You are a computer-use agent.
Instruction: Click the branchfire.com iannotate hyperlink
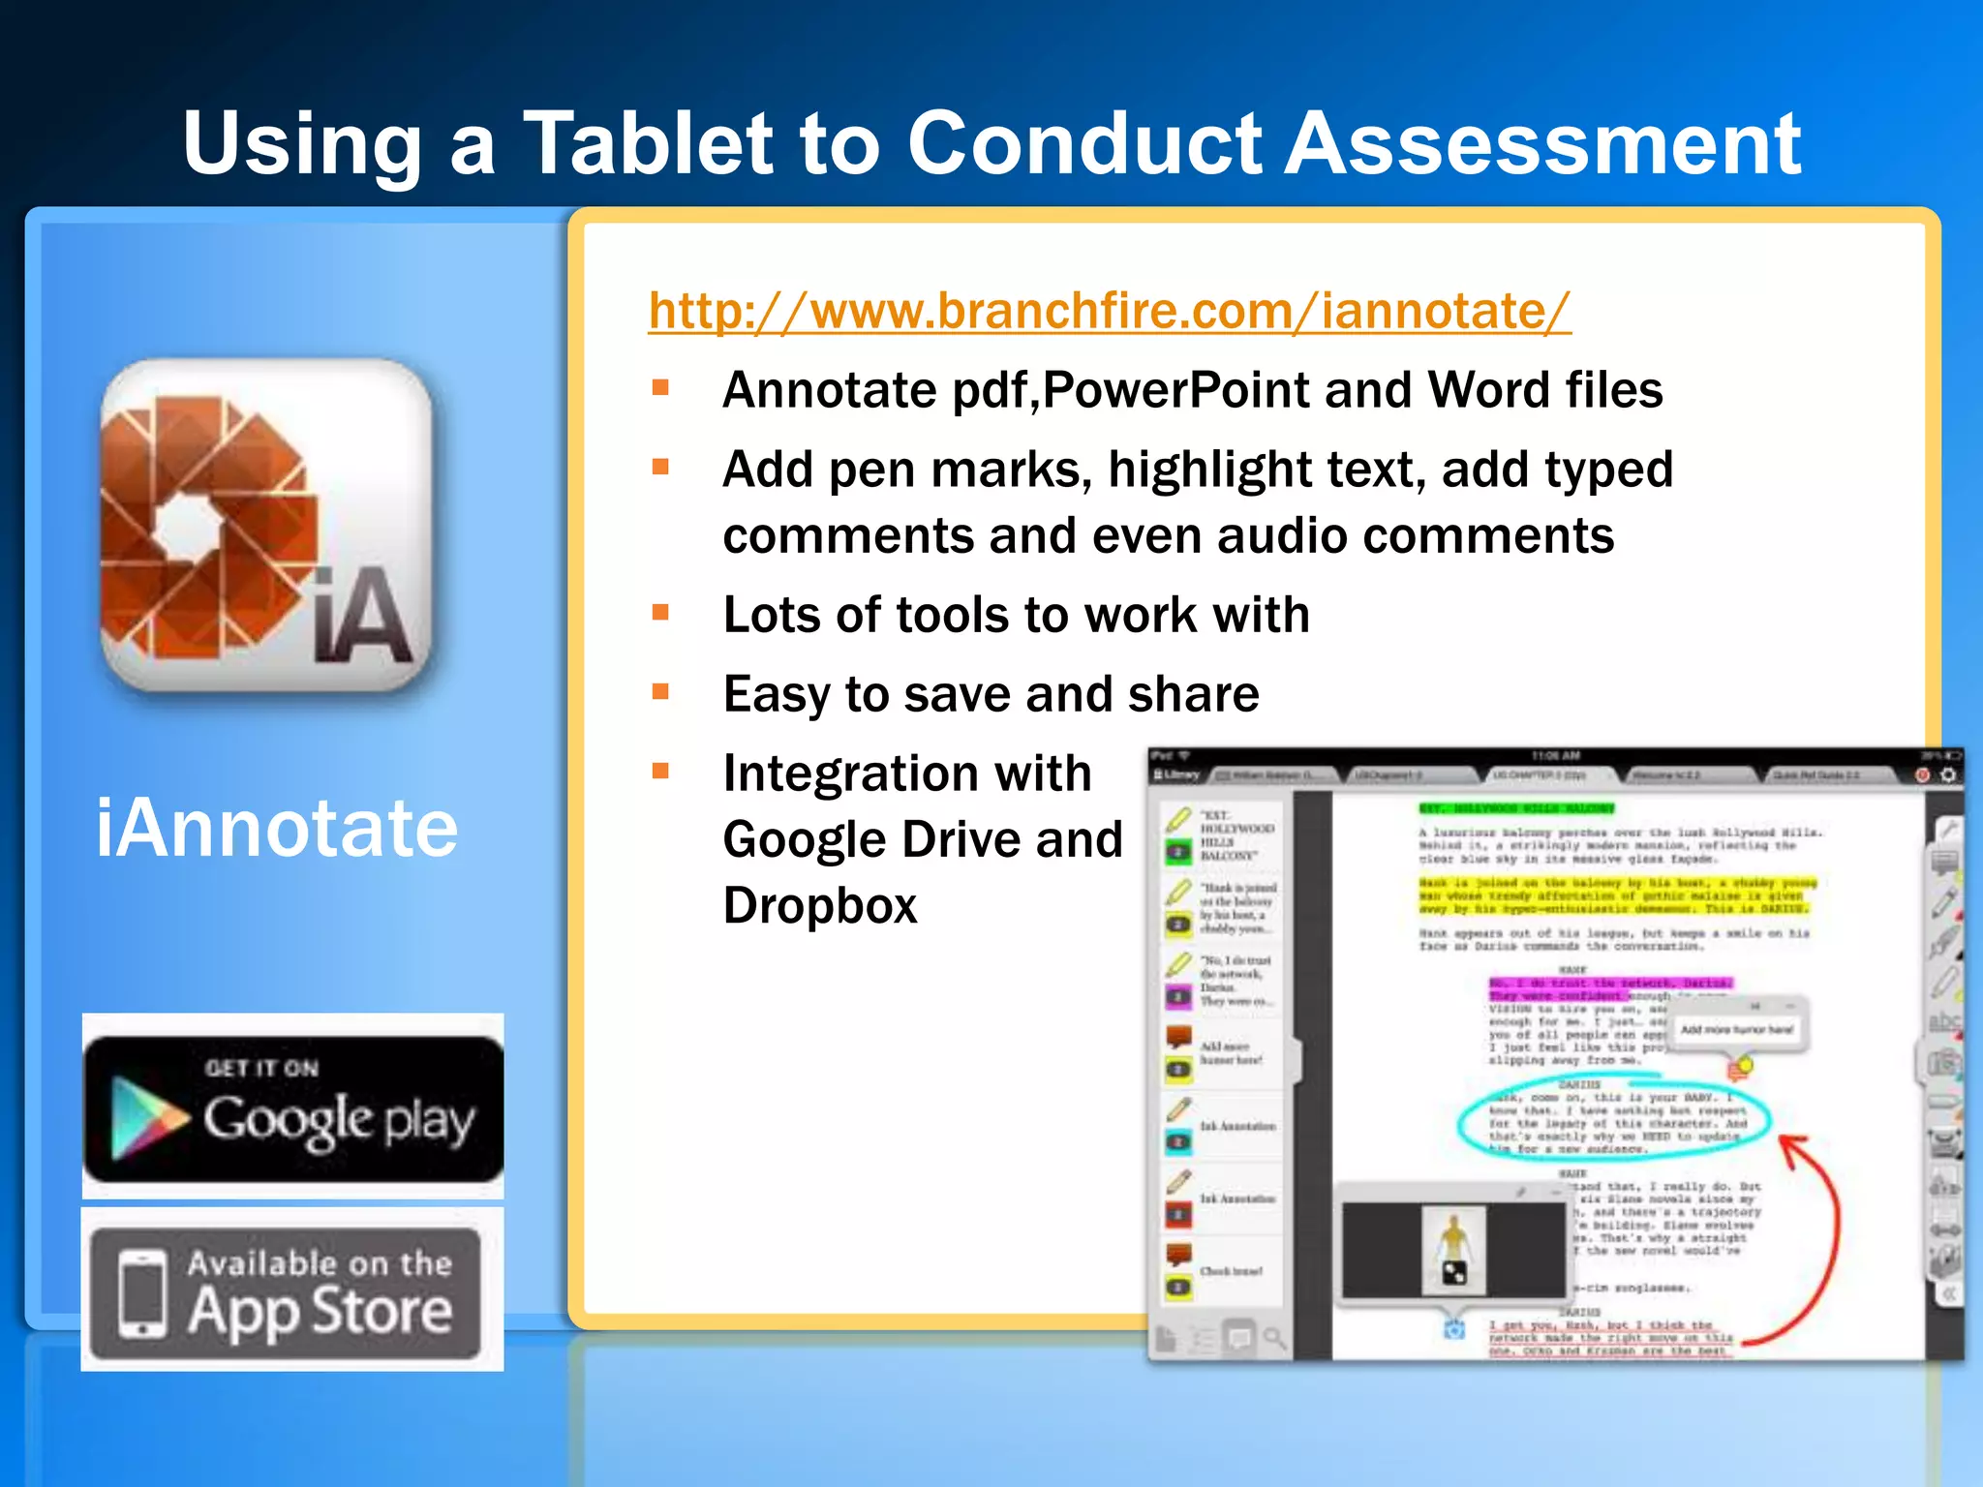[x=1109, y=312]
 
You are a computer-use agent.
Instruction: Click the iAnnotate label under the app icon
[x=277, y=829]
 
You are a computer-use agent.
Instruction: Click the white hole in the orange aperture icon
[x=187, y=528]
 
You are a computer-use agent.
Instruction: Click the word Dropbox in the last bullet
[x=819, y=906]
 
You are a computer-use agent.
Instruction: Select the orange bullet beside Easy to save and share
[x=661, y=691]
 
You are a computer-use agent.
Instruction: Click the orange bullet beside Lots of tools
[x=661, y=612]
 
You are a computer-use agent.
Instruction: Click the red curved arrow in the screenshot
[x=1825, y=1249]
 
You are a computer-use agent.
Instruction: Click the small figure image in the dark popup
[x=1453, y=1249]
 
